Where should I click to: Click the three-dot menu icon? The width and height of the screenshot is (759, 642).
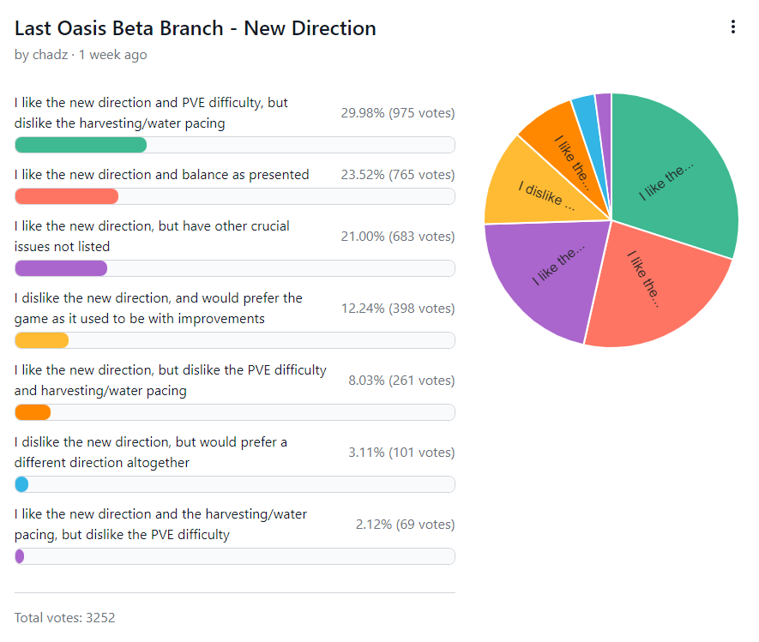click(x=732, y=27)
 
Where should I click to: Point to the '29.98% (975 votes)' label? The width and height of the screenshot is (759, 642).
click(x=397, y=113)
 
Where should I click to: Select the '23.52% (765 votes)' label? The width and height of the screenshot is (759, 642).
click(x=397, y=175)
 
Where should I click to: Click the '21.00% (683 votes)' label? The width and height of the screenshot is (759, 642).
click(x=397, y=237)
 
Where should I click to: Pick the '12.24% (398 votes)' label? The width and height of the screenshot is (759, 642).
click(x=397, y=309)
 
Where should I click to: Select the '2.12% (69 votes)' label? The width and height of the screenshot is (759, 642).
click(x=405, y=525)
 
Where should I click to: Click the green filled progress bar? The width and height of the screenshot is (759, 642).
click(x=81, y=144)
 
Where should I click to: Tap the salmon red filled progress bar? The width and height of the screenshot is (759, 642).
click(x=66, y=196)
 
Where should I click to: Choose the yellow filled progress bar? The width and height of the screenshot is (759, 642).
click(x=41, y=340)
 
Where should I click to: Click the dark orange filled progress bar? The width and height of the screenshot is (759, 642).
click(x=33, y=412)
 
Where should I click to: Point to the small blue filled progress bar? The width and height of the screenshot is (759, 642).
click(x=21, y=484)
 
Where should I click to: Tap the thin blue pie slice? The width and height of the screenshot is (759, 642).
click(x=586, y=111)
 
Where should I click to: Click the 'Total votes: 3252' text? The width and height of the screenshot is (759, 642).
click(x=65, y=617)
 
